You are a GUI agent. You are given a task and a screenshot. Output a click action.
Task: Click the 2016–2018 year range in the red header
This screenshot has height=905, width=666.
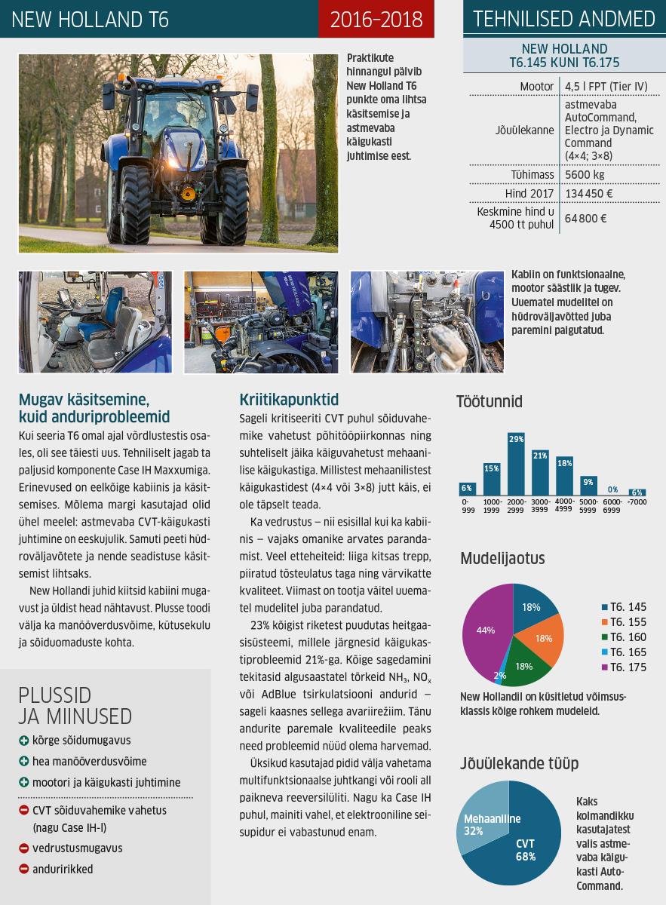point(376,19)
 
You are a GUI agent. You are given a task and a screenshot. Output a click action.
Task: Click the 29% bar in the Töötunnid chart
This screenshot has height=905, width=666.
point(517,465)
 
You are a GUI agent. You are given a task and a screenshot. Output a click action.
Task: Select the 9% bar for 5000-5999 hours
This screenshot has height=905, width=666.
point(588,486)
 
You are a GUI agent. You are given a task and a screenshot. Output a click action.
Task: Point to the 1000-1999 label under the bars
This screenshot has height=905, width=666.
point(492,505)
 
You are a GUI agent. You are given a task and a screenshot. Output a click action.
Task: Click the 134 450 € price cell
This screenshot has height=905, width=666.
point(588,194)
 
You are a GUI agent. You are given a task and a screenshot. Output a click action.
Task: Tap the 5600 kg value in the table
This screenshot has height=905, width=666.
point(585,175)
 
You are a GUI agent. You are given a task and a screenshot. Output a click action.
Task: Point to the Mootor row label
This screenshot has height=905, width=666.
point(537,87)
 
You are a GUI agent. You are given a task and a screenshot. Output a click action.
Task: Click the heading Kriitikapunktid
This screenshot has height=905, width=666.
point(289,399)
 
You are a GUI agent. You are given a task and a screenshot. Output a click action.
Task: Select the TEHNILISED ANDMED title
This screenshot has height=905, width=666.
point(564,19)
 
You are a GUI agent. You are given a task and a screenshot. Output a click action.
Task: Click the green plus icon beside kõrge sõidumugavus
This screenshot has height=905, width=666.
point(24,741)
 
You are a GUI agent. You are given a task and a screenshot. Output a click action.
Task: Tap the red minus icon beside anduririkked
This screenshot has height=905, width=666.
point(24,870)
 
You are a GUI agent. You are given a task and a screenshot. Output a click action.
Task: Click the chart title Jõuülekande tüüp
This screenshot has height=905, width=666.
point(519,763)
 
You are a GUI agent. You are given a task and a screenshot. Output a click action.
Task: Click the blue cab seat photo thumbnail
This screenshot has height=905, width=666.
point(95,322)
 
